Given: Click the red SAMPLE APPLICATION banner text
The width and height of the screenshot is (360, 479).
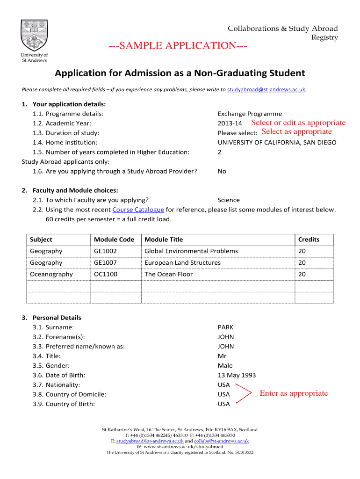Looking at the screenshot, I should [178, 45].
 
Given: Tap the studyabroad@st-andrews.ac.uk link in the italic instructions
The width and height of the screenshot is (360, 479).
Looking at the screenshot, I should [266, 89].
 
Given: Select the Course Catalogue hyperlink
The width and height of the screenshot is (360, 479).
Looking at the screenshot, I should [138, 210].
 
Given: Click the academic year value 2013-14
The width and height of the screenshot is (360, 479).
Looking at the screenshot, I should [230, 123].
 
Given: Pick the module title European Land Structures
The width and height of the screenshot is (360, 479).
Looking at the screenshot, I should [182, 263].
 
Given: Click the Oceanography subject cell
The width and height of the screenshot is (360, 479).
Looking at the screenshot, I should [51, 274].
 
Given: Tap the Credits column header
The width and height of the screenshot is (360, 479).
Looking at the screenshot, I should [309, 239].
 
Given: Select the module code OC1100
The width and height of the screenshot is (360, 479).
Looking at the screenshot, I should [105, 274].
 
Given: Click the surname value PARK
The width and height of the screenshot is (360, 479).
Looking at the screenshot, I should [225, 327].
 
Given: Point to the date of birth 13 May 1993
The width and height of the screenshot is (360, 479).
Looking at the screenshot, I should [237, 375].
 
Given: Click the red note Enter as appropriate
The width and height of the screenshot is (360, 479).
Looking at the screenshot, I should [294, 393].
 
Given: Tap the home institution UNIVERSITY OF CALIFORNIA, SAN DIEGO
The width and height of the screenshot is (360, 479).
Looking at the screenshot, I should [277, 143].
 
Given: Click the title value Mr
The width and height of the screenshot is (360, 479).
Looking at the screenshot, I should [222, 356].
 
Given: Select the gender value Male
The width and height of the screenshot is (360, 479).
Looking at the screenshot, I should [225, 366].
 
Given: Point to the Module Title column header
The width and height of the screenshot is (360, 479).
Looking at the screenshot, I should [164, 239].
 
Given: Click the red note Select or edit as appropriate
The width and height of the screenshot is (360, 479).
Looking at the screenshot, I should [298, 123].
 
